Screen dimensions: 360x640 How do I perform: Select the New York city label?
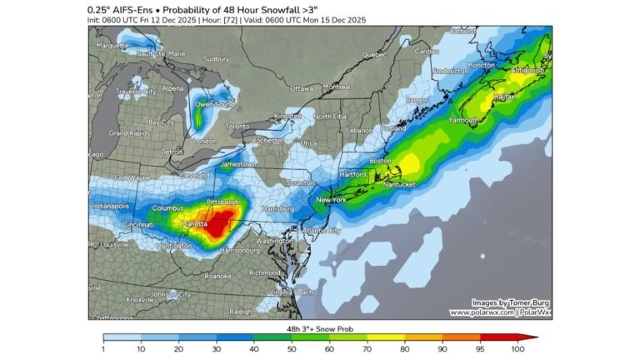(332, 200)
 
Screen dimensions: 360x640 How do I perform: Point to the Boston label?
(380, 160)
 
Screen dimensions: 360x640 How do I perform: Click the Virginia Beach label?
(292, 292)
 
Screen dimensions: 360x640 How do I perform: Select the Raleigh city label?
(241, 311)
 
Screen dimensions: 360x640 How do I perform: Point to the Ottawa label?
(301, 88)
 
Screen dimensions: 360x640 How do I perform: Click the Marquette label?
(112, 46)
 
